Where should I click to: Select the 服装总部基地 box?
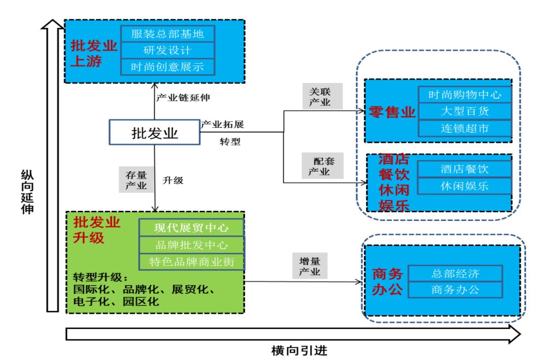(x=168, y=34)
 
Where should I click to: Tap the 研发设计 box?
(x=168, y=50)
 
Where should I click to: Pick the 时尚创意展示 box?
(x=168, y=66)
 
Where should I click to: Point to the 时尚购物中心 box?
(x=464, y=95)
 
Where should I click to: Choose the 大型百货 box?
(x=464, y=111)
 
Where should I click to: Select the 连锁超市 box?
(x=464, y=128)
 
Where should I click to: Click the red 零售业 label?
(x=393, y=112)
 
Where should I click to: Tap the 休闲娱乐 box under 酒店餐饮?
(x=464, y=186)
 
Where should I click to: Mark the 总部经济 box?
(x=455, y=273)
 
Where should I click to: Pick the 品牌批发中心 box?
(x=192, y=244)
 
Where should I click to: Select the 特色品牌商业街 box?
(x=192, y=262)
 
